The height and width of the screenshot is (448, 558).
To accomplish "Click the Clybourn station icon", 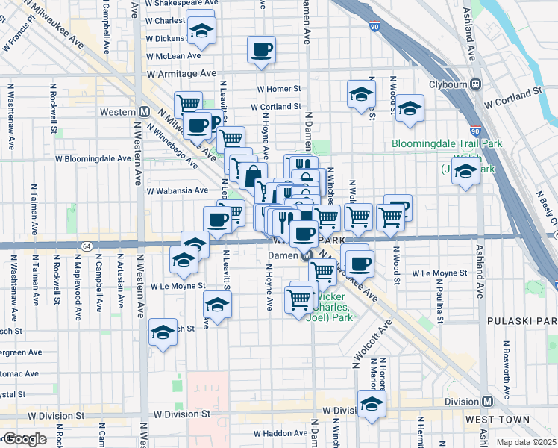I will [x=474, y=84].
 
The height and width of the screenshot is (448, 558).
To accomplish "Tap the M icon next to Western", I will [x=144, y=112].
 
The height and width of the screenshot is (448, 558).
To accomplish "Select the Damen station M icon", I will [x=306, y=255].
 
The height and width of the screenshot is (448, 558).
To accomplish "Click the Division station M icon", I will [x=487, y=401].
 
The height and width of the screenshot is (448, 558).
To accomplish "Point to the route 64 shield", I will [x=87, y=246].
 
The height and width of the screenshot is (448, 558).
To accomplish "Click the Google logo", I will [x=25, y=439].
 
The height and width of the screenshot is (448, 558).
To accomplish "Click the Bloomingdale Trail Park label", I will [x=448, y=143].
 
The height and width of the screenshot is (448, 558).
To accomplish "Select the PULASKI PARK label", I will [x=521, y=321].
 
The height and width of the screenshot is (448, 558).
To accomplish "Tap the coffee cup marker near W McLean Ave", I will [x=261, y=50].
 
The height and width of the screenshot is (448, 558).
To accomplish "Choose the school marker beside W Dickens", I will [x=200, y=31].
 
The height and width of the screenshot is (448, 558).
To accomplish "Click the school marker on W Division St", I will [x=371, y=405].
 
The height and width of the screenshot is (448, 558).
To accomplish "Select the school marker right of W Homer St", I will [x=361, y=95].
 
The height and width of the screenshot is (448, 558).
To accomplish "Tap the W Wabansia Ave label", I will [x=178, y=190].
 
